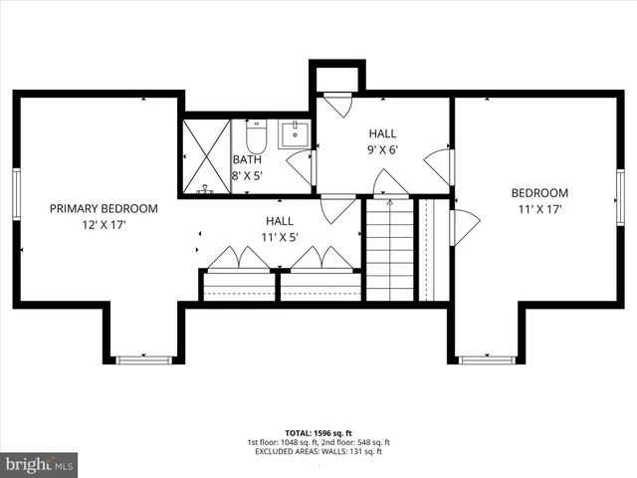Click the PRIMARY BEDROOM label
coord(104,208)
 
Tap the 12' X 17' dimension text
coord(104,226)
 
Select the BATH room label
coord(247,159)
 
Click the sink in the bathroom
coord(295,133)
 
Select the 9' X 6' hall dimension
coord(382,149)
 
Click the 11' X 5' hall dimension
coord(279,237)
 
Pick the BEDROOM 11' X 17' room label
coord(539,201)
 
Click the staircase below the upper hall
coord(389,249)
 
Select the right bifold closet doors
coord(320,259)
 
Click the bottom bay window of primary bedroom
coord(143,358)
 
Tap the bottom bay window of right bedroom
coord(485,358)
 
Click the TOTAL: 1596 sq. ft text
coord(318,433)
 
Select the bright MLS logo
coord(40,464)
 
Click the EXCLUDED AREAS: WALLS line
coord(318,451)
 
